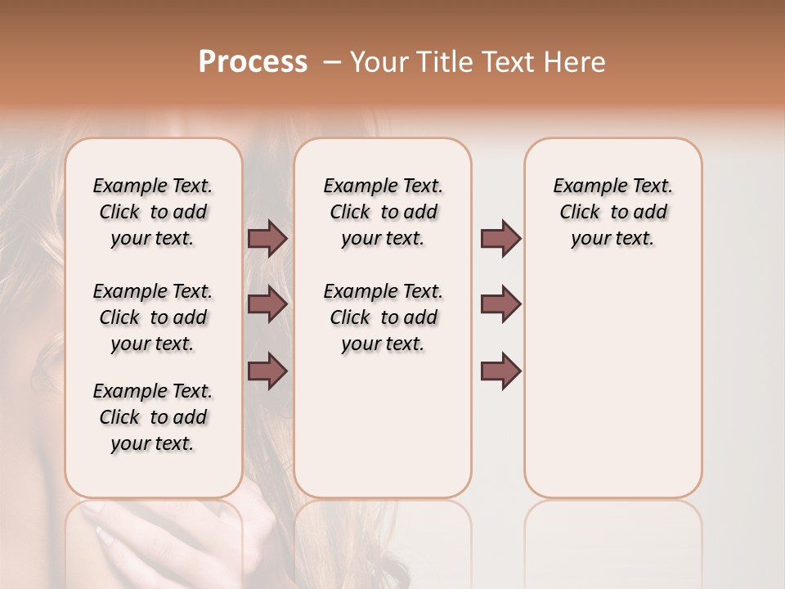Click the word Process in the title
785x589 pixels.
[x=253, y=62]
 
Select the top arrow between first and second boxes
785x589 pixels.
[x=267, y=238]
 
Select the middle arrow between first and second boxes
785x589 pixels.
[x=267, y=304]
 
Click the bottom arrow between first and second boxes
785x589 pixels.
[x=267, y=371]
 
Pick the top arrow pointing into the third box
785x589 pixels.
[x=500, y=238]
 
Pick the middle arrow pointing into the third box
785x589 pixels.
[x=500, y=304]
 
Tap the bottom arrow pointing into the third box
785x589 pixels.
[x=500, y=371]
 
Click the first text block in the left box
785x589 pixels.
[x=153, y=212]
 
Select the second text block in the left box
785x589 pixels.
[x=153, y=317]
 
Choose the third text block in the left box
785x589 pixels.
[x=153, y=417]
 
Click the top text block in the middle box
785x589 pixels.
[x=383, y=212]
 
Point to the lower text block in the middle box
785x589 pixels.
[x=383, y=317]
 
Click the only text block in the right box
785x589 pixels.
[x=612, y=212]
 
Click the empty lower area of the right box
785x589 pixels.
[x=612, y=393]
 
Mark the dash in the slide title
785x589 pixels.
[x=332, y=62]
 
